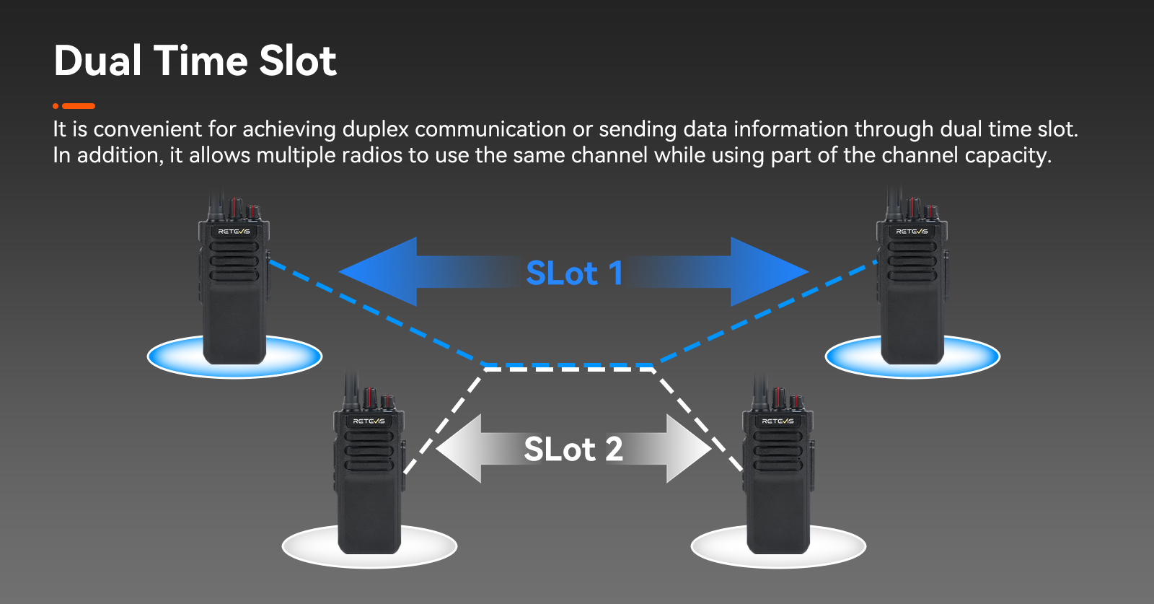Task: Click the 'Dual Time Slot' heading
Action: click(x=195, y=61)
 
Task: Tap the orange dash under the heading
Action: click(x=79, y=106)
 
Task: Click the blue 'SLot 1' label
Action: click(x=574, y=273)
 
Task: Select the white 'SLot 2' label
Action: click(x=573, y=449)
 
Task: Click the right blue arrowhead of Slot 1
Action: click(x=770, y=271)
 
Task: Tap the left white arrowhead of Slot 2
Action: click(x=459, y=448)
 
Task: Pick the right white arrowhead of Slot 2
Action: click(x=690, y=448)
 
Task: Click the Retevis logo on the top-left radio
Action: click(x=234, y=232)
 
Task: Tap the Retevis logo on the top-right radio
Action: click(x=912, y=232)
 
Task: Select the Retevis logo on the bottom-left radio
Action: click(x=369, y=421)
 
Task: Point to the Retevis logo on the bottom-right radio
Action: click(x=778, y=421)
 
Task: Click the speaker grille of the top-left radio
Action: click(x=234, y=261)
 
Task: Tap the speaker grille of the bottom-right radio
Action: click(x=778, y=451)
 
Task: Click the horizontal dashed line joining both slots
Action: click(x=568, y=367)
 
